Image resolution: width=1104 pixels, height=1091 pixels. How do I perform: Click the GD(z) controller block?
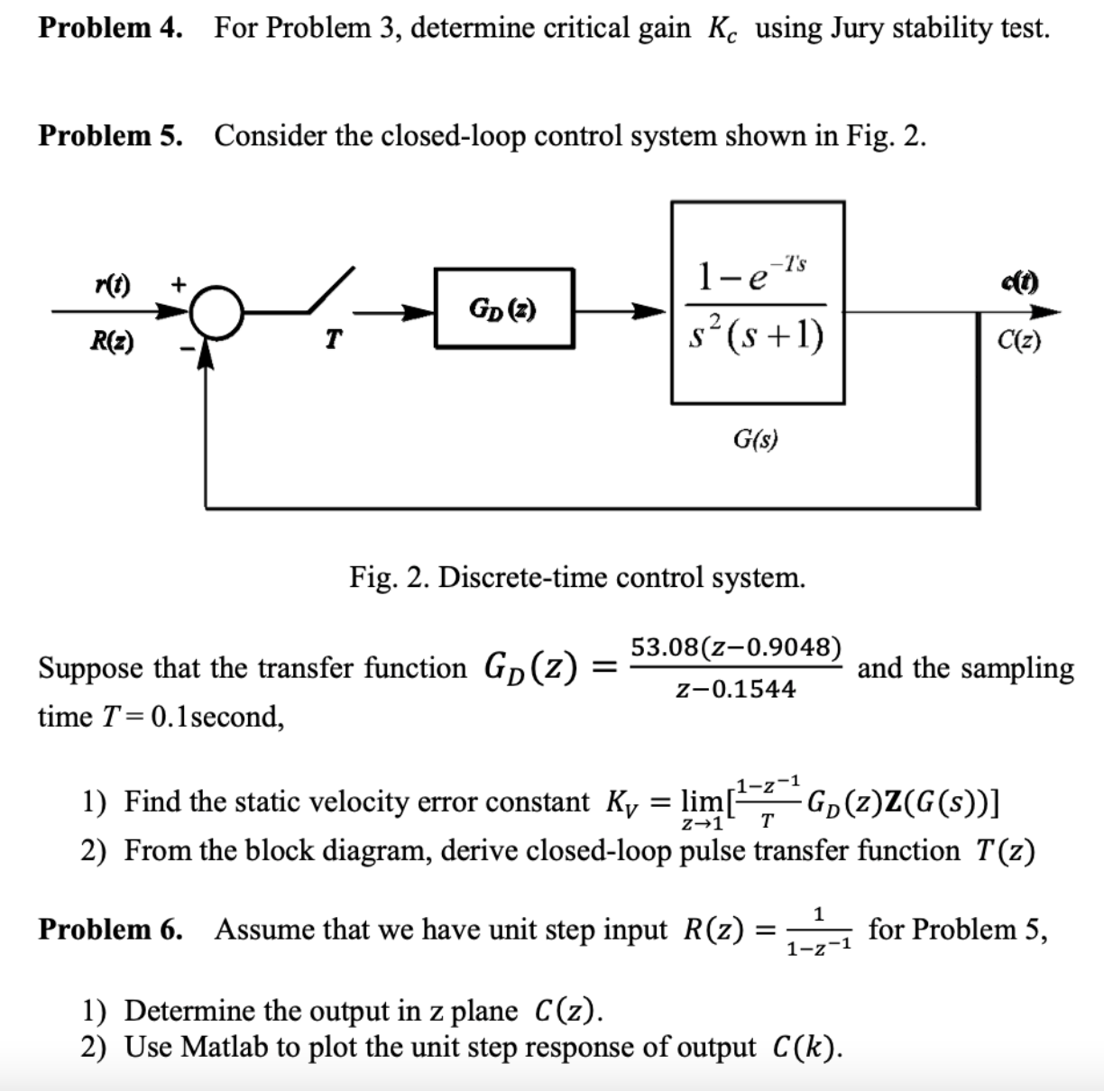(x=503, y=308)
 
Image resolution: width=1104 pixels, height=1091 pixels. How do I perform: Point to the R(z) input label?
(x=112, y=342)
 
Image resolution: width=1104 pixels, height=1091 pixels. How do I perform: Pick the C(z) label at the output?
(x=1019, y=342)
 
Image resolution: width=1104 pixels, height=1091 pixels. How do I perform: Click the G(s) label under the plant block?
(x=756, y=439)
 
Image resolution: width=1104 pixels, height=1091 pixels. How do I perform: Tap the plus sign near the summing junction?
(x=179, y=283)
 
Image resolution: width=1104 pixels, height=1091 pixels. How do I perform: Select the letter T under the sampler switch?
(x=333, y=340)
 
